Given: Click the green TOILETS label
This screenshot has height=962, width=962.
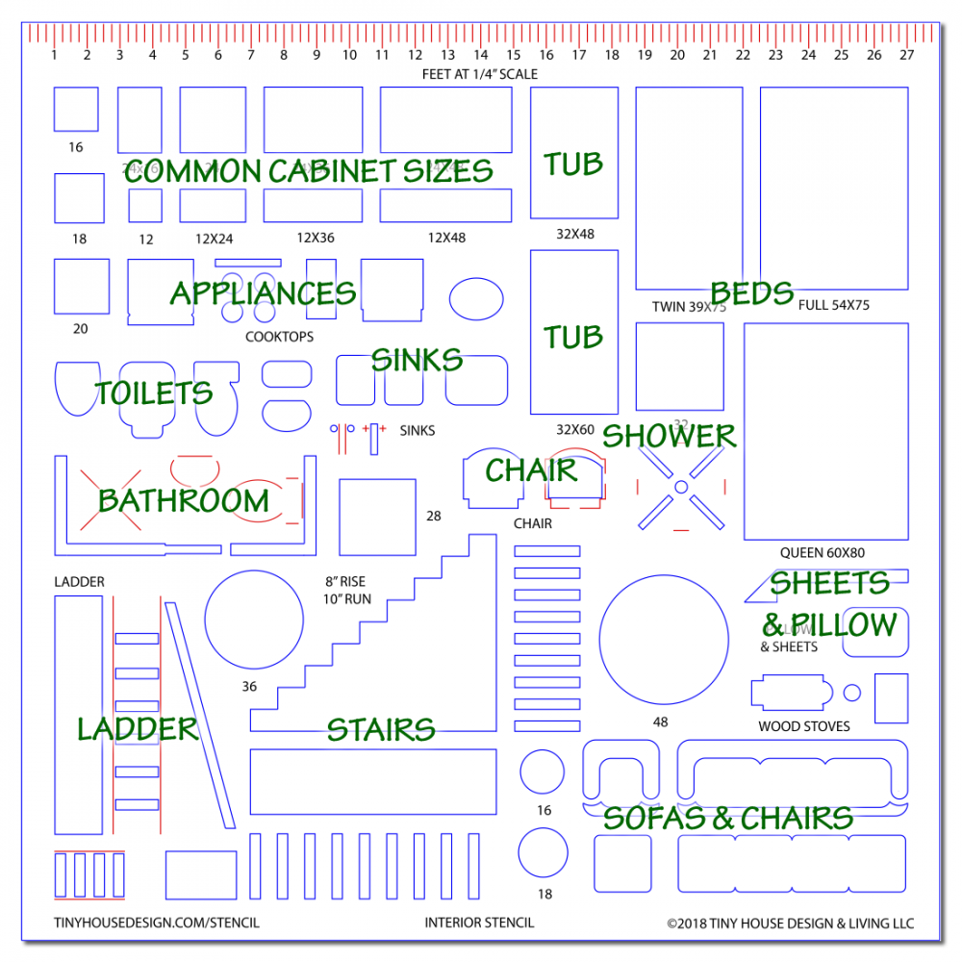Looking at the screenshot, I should tap(154, 392).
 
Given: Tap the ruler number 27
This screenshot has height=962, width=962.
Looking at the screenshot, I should tap(906, 55).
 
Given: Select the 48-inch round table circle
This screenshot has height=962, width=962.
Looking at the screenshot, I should tap(663, 640).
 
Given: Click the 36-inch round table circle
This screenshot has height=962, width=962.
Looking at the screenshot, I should tap(254, 619).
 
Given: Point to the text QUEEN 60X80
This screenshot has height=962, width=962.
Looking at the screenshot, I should tap(823, 553).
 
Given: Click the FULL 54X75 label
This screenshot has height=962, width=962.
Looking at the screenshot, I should tap(833, 305).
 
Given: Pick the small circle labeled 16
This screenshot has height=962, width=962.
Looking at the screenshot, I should tap(542, 772).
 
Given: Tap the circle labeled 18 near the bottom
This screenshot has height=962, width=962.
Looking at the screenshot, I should tap(543, 851).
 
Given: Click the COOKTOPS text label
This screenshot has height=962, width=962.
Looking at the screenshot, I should tap(279, 337).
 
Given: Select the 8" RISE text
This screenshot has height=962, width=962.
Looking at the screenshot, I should tap(344, 581).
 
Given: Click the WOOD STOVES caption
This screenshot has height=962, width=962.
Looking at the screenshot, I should tap(804, 726).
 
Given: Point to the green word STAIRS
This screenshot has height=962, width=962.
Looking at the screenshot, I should tap(381, 729).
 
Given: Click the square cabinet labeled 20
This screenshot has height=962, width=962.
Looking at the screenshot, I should tap(81, 287).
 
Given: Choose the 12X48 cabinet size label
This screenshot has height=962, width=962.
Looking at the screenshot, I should tap(446, 238).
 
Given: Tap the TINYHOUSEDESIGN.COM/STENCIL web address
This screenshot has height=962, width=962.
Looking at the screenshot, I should tap(156, 923).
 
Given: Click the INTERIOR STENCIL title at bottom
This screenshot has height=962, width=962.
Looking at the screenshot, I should tap(479, 923).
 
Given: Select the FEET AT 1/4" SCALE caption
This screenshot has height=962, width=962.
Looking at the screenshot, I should tap(480, 74).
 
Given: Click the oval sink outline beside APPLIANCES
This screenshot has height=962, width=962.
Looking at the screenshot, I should tap(475, 298).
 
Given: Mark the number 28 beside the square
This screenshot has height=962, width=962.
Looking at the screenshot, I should tap(434, 517).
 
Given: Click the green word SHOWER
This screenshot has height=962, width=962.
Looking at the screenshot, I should tap(669, 436).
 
